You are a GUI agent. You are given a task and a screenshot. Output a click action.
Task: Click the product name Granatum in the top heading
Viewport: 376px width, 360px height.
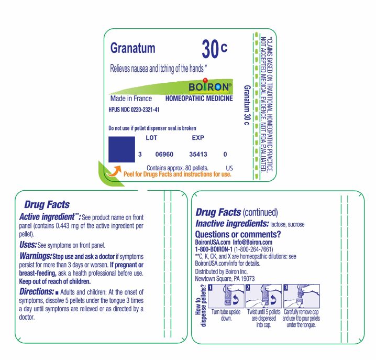(132, 48)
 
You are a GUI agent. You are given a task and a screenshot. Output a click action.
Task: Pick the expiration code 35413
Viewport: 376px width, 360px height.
(198, 155)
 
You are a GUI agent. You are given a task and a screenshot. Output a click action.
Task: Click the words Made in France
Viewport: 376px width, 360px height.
(131, 99)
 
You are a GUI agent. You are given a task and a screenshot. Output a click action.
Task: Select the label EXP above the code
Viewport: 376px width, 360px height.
(198, 138)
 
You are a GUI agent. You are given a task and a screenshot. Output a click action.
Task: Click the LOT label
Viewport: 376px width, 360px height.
(151, 138)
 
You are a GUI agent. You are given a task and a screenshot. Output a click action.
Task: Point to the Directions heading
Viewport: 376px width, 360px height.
(36, 291)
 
